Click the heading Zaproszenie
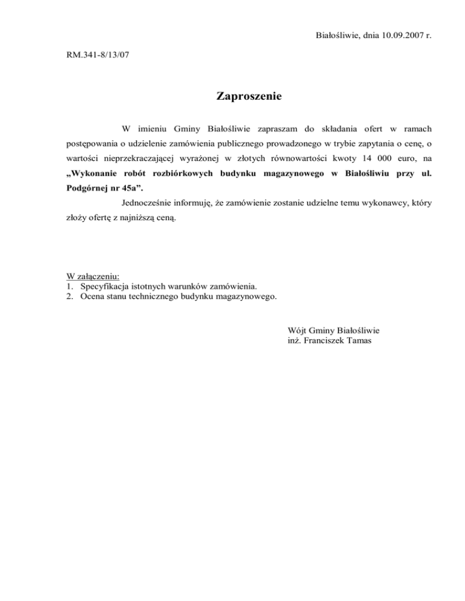tap(249, 96)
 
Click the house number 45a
tap(136, 189)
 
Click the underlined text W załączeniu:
tap(93, 276)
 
